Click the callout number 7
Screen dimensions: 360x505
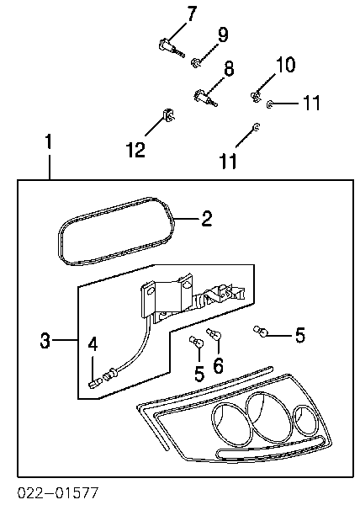pyautogui.click(x=192, y=13)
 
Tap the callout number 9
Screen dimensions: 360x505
pyautogui.click(x=223, y=35)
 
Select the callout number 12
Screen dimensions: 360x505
pyautogui.click(x=135, y=150)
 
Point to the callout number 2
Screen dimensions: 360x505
pyautogui.click(x=207, y=219)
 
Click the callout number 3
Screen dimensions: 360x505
pyautogui.click(x=45, y=340)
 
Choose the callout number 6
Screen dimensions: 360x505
pyautogui.click(x=219, y=365)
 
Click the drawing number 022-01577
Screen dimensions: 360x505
pyautogui.click(x=58, y=493)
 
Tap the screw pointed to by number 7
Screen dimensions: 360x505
pyautogui.click(x=171, y=48)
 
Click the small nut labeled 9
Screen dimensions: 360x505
pyautogui.click(x=196, y=63)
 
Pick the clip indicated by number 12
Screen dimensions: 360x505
pyautogui.click(x=168, y=115)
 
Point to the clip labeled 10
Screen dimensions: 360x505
pyautogui.click(x=256, y=96)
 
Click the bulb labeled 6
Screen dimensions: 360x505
pyautogui.click(x=214, y=334)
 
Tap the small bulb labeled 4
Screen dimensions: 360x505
pyautogui.click(x=95, y=383)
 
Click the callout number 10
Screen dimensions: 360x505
pyautogui.click(x=285, y=64)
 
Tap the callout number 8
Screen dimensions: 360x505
pyautogui.click(x=229, y=69)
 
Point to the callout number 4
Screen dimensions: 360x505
pyautogui.click(x=93, y=344)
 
